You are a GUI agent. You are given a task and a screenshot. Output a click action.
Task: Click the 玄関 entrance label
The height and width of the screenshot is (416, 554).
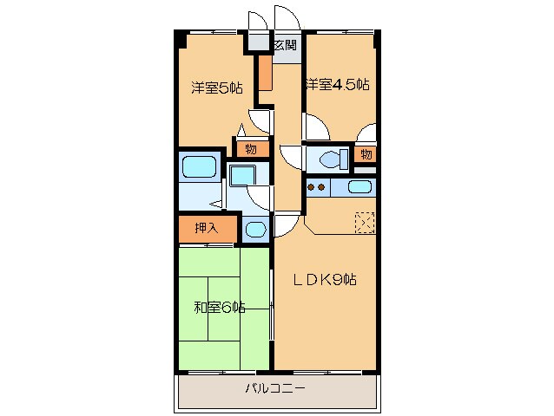284,45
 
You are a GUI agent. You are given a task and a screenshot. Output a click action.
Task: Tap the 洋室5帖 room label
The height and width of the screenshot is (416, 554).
216,87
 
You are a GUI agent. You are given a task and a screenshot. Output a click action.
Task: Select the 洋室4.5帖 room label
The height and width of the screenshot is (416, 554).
337,85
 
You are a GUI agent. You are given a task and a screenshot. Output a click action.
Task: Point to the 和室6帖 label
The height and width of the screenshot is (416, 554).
219,308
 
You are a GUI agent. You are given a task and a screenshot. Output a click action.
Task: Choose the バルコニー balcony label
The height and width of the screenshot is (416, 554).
274,390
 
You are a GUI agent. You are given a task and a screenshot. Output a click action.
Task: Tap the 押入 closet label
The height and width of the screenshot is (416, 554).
206,230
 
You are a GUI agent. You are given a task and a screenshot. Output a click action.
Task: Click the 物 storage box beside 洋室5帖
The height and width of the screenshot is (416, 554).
250,149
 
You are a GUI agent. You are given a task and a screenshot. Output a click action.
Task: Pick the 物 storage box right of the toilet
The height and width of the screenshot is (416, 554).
366,155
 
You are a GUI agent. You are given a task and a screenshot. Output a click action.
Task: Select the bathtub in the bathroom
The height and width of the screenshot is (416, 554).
199,166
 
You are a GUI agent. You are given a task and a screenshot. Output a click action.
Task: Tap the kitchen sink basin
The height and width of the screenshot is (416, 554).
359,186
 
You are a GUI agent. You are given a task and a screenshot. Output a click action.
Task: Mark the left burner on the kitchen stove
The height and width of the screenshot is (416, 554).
311,186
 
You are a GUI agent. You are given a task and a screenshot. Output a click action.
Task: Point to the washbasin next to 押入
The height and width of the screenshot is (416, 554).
254,231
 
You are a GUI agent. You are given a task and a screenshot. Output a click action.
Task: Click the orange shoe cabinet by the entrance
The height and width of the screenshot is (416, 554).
265,74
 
